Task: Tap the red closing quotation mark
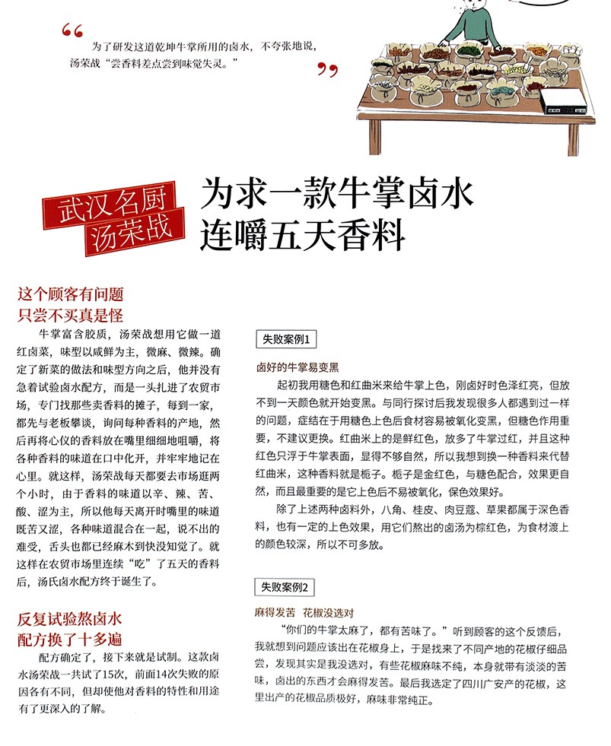326,71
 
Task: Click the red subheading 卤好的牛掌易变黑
294,367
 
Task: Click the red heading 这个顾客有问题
70,295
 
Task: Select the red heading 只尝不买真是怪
70,314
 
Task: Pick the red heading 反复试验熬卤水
70,617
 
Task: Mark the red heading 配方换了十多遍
70,638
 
